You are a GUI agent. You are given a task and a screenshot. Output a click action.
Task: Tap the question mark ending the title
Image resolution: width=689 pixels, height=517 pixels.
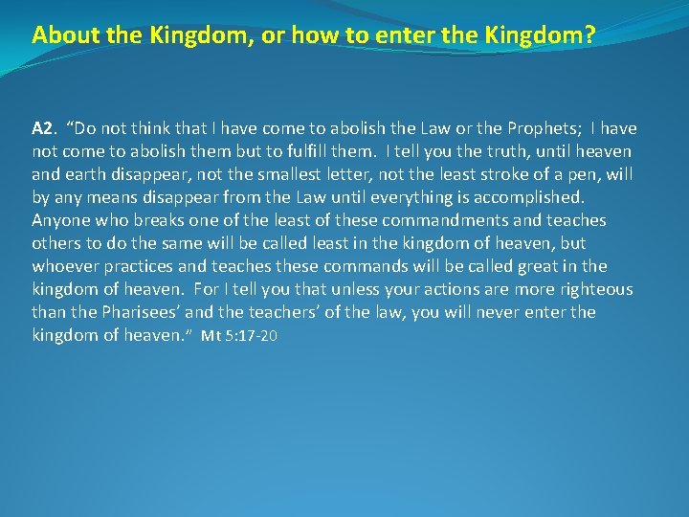(x=590, y=35)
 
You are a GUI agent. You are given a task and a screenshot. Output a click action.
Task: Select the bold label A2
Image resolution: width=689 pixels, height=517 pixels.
(x=42, y=128)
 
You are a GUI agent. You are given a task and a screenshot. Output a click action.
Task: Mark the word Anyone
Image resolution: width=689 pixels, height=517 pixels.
(x=59, y=220)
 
